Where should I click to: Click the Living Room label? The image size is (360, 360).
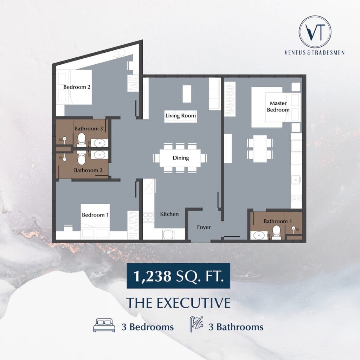coord(181,116)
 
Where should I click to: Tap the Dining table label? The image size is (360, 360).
coord(181,158)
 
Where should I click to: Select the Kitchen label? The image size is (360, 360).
coord(169,214)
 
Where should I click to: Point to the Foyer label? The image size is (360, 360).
coord(204,227)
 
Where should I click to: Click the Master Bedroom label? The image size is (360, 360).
coord(278,107)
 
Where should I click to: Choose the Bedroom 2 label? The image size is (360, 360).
coord(77,87)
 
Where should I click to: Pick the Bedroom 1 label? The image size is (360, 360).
coord(95,215)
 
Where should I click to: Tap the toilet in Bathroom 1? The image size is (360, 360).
coord(276,232)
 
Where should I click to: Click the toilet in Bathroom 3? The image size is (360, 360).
coord(82,140)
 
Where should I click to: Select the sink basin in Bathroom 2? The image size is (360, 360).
coord(99,155)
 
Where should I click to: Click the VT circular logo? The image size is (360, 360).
coord(315,32)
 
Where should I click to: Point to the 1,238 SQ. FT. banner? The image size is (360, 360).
coord(178,276)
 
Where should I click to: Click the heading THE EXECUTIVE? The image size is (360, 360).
coord(178,303)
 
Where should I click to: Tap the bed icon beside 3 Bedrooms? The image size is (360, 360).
coord(104,325)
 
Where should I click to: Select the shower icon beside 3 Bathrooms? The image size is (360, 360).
coord(196,324)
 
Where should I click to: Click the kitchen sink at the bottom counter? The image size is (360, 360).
coord(168,234)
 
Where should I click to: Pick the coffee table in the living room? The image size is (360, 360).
coord(187,94)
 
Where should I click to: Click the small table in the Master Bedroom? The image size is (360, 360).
coord(260,149)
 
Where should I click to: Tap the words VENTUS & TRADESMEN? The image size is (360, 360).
coord(315,53)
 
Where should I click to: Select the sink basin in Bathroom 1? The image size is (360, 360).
coord(259,236)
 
